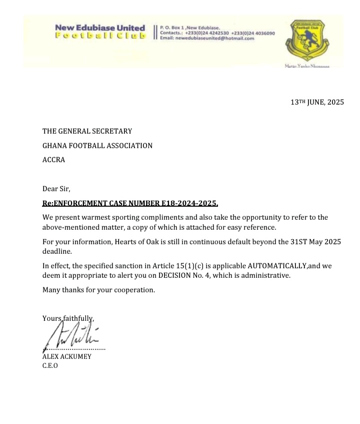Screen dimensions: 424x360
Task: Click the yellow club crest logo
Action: [x=306, y=41]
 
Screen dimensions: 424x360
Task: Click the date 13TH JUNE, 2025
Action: [x=317, y=102]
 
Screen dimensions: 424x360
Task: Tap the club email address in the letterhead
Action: [x=207, y=39]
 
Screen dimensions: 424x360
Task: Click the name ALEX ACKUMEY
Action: [x=66, y=357]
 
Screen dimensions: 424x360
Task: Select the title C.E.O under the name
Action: [x=50, y=365]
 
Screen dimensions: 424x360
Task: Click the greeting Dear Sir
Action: [x=56, y=189]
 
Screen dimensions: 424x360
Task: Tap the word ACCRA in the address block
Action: [x=53, y=160]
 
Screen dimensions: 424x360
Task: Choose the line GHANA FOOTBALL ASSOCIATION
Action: [x=97, y=146]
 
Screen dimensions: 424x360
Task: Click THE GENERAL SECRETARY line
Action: [x=87, y=131]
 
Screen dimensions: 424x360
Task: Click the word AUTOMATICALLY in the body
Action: [x=277, y=266]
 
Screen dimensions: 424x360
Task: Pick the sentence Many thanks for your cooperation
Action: [x=98, y=290]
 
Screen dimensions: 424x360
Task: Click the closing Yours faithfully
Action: [x=68, y=318]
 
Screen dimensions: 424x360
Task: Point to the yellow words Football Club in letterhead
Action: [x=100, y=36]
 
